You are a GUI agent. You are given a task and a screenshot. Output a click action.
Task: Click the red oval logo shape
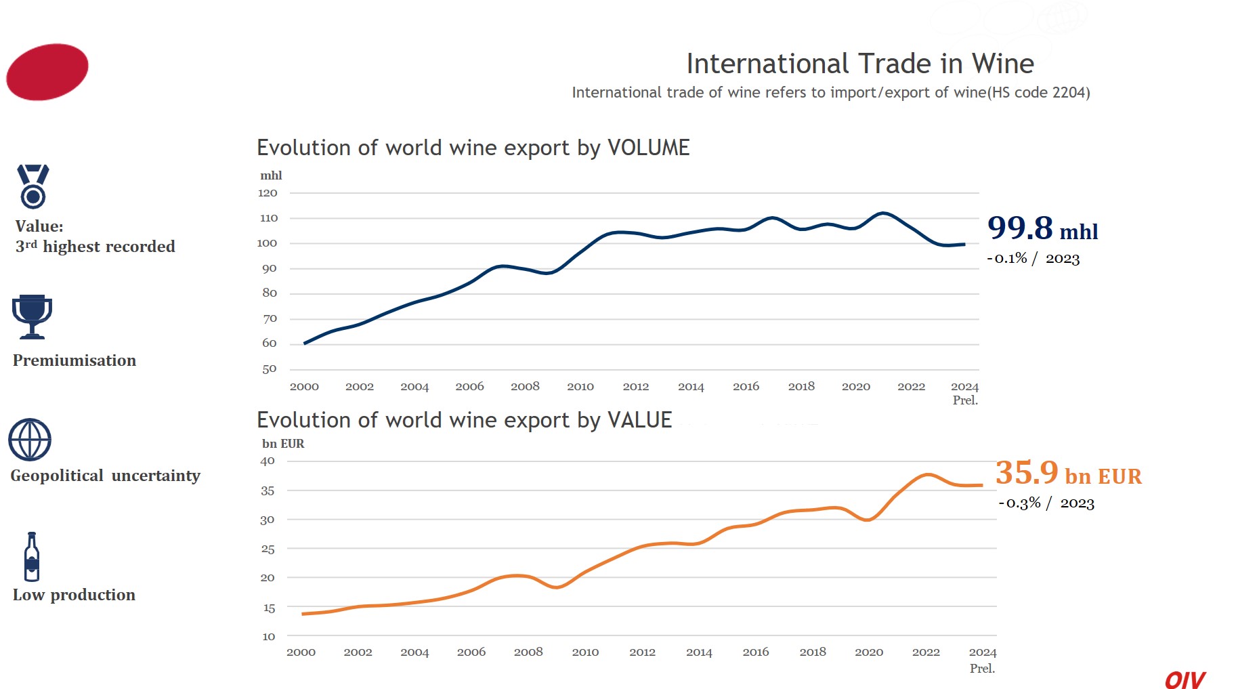click(47, 72)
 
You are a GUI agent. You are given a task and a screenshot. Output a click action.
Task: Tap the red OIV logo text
click(1184, 680)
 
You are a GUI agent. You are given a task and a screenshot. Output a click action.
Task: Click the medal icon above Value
click(33, 186)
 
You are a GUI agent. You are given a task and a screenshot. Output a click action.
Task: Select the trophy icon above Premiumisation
click(32, 316)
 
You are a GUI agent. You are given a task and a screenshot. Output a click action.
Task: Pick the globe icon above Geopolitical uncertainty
click(30, 440)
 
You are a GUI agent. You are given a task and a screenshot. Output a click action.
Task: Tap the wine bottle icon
click(31, 557)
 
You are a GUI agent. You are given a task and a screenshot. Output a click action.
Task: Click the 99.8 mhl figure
click(1021, 228)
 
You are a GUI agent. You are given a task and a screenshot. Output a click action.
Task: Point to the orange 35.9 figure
click(1027, 472)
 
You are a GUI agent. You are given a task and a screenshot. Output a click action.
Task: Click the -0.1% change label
click(1007, 258)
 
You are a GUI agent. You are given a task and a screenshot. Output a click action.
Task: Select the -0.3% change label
click(1020, 503)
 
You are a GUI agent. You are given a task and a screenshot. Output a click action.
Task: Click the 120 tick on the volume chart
click(268, 193)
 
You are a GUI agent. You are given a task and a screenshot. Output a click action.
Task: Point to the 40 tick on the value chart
click(268, 461)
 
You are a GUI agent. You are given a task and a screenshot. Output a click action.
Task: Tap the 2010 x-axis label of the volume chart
click(580, 386)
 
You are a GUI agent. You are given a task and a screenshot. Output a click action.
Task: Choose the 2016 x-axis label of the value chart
click(756, 652)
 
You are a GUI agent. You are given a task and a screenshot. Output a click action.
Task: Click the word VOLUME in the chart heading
click(648, 148)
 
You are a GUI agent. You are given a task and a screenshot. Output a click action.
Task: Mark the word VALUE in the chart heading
click(639, 420)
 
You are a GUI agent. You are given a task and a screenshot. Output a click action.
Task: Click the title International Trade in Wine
click(860, 64)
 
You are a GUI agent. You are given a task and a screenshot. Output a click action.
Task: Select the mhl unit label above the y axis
click(271, 175)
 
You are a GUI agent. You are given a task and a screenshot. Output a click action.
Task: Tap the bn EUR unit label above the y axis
click(283, 444)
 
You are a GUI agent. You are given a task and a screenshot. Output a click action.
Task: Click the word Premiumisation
click(74, 360)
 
